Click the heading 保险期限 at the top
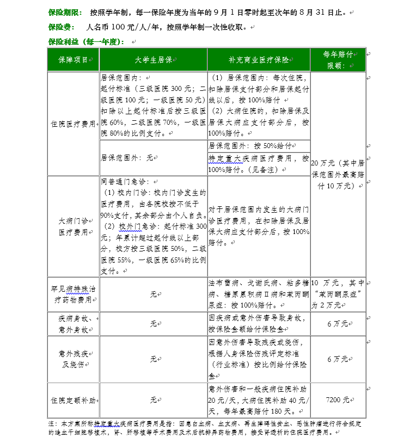(x=65, y=12)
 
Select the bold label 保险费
(x=60, y=27)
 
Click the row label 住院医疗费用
(x=73, y=124)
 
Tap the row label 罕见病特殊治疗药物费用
(x=73, y=294)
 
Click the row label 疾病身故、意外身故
(x=73, y=323)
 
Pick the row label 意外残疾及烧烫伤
(x=73, y=359)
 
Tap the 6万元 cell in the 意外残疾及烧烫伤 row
(x=338, y=359)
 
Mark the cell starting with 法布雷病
(x=259, y=294)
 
